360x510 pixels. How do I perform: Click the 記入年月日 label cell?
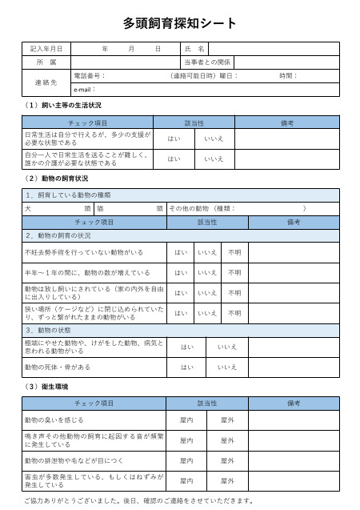46,49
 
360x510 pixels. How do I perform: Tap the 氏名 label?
195,49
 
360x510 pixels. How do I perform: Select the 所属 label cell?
46,62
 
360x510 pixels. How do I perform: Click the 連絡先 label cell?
46,82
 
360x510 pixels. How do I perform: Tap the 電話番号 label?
89,76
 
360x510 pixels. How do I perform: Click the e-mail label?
85,89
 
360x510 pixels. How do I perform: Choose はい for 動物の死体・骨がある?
186,367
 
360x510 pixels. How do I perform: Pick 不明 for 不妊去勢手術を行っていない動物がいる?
234,252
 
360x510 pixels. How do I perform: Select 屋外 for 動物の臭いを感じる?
226,420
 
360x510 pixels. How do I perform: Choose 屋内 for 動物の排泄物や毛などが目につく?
186,461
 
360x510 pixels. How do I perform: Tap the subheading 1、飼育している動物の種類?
68,195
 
